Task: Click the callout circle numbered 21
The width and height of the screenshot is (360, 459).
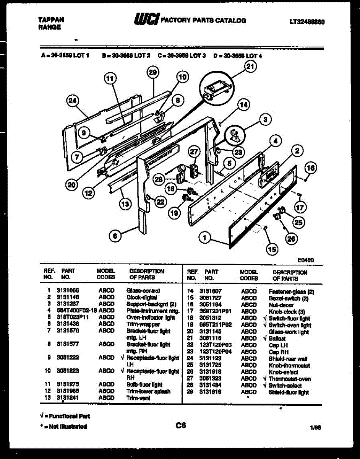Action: [250, 67]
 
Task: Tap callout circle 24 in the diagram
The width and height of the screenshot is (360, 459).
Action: [72, 101]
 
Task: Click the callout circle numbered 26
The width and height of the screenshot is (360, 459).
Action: [291, 239]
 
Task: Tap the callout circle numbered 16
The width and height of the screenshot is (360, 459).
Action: [311, 168]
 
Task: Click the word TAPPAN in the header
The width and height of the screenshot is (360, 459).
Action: [51, 20]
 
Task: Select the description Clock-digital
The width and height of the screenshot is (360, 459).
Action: [141, 297]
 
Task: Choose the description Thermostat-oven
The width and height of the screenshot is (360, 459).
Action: [289, 379]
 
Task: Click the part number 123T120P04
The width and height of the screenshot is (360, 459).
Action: [215, 352]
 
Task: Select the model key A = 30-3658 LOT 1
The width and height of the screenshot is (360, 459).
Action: [65, 56]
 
